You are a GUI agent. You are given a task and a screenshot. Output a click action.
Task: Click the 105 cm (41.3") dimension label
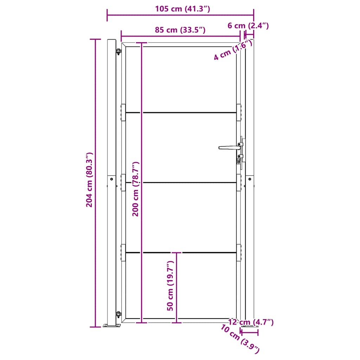(182, 9)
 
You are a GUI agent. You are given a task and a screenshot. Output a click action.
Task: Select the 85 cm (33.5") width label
(180, 30)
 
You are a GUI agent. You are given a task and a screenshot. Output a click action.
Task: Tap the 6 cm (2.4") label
(248, 26)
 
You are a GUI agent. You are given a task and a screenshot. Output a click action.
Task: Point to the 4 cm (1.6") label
(233, 50)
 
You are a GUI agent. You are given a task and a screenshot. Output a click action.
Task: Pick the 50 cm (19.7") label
(171, 285)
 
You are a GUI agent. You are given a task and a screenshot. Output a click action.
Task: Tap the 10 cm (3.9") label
(241, 339)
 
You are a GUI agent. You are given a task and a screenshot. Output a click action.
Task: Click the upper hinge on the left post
(118, 52)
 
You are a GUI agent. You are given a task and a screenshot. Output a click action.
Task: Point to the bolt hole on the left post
(111, 179)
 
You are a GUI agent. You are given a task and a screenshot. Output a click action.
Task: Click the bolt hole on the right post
(250, 179)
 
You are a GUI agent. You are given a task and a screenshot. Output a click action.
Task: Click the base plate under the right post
(249, 328)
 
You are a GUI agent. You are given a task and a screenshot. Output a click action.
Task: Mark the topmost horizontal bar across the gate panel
(181, 112)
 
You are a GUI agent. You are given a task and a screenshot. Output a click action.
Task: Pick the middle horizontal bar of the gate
(181, 182)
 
